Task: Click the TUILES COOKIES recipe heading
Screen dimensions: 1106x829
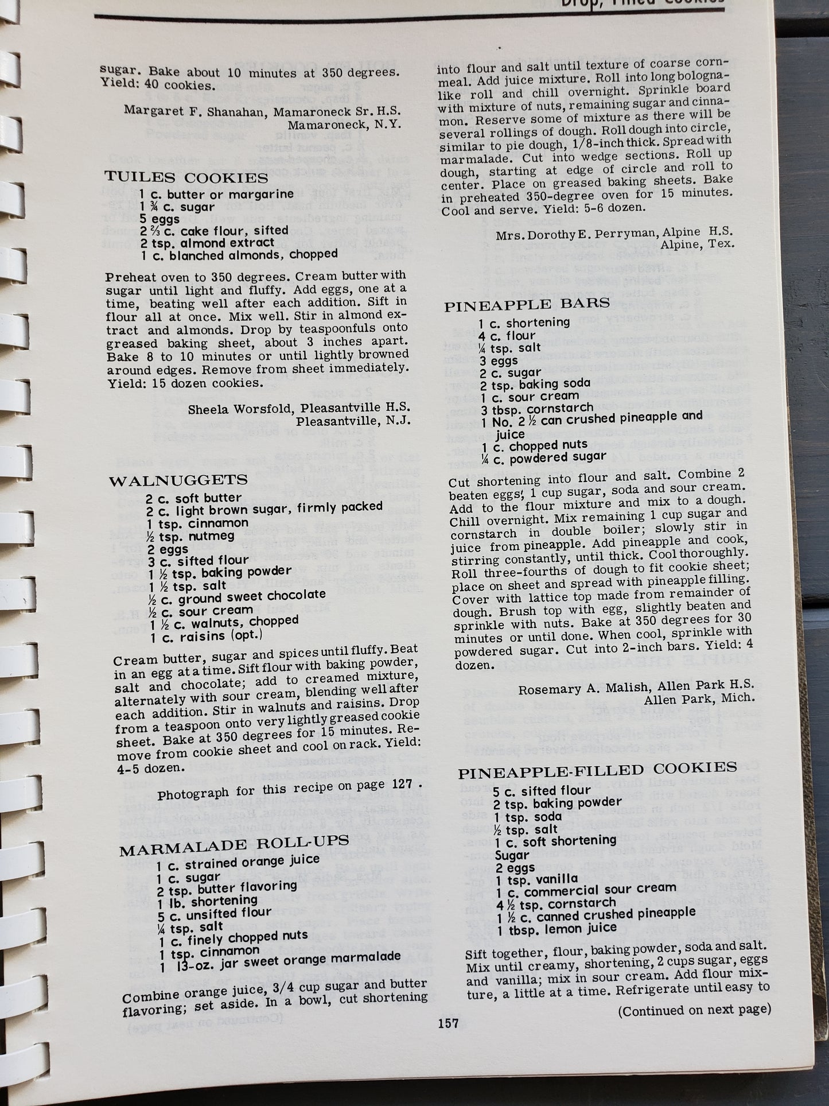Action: coord(186,178)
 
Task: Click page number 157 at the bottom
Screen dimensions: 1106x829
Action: coord(448,1022)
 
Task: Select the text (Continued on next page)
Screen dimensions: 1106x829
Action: coord(694,1010)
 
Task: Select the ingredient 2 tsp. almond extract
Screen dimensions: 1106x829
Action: coord(199,243)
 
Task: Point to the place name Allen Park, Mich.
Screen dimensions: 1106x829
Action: coord(699,700)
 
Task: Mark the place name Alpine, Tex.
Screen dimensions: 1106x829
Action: coord(697,245)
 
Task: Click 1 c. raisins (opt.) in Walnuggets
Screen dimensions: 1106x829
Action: coord(206,636)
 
